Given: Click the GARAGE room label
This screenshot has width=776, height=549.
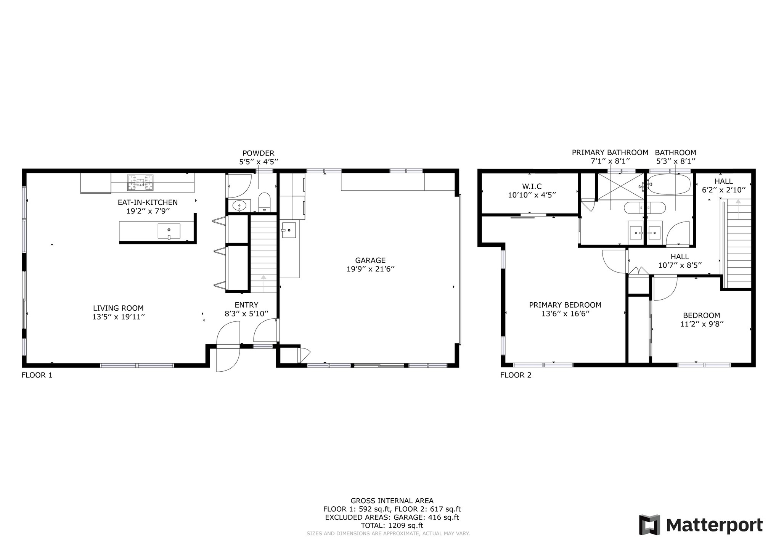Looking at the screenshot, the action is point(370,260).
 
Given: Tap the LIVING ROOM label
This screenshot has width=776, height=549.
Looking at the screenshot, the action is point(118,308).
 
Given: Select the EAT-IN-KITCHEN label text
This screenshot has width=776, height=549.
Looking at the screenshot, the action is point(148,202).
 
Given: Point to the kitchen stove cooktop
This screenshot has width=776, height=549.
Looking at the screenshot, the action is point(140,182).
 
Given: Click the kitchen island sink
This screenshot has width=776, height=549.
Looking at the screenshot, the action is point(169,231).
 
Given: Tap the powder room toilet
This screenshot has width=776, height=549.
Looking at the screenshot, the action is point(264,202).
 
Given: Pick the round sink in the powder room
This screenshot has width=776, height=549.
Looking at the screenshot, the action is point(239,206).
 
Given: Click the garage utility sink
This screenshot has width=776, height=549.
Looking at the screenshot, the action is point(289,230).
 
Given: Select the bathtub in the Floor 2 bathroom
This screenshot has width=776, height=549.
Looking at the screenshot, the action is point(669,185).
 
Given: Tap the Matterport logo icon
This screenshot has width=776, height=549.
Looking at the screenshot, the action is point(649,525).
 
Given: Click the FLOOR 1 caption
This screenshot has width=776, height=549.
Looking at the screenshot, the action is point(37,375).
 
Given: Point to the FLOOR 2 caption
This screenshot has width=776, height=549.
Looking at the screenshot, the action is point(516,375).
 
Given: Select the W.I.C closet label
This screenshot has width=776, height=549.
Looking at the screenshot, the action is point(532,186).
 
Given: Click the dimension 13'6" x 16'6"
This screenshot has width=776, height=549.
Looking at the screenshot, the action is point(565,314).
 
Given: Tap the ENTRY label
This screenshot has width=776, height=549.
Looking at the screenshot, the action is point(246,305).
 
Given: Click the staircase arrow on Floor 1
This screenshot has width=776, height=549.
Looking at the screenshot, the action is point(263,282).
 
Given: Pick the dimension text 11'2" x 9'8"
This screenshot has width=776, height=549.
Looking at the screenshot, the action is point(702,324).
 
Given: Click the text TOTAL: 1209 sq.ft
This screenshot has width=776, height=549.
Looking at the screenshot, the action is point(392,525).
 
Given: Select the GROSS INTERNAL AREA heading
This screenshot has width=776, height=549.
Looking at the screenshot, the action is point(392,501).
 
